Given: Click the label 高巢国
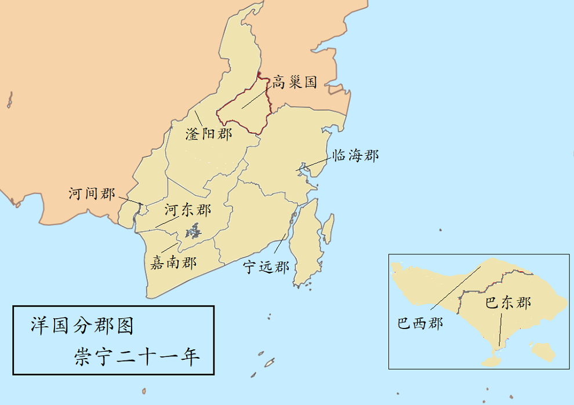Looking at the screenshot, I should pos(295,82).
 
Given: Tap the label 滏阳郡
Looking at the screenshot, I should pos(208,134).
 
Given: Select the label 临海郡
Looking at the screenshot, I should pos(355,155).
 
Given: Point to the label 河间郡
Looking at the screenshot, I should pos(92,194).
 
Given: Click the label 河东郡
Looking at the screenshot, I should pos(188,210).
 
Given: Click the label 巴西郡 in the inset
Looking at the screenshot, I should pos(420,322).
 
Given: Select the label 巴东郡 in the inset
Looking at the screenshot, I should pos(508,302).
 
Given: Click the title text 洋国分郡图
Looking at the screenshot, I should pos(82,326).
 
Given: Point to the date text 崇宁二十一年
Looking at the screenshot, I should pos(137,356).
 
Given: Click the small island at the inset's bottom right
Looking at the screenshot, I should pos(543,351).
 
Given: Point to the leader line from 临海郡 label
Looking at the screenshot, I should pos(315,163).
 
